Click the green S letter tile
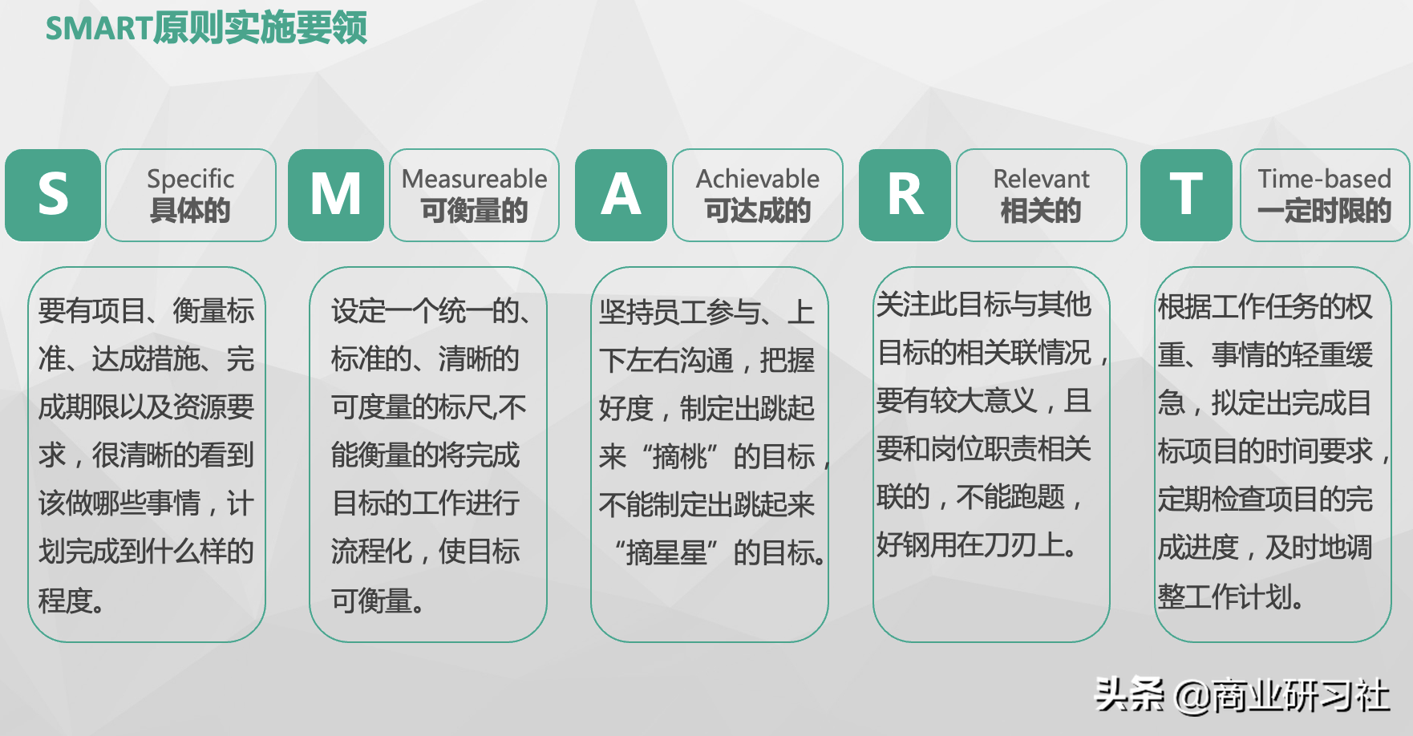(53, 195)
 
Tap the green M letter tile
(336, 195)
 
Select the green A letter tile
(621, 195)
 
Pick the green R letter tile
(905, 195)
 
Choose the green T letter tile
(1186, 195)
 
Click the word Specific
(191, 179)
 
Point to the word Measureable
(474, 179)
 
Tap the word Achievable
(757, 179)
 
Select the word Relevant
(1041, 179)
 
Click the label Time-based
(1324, 179)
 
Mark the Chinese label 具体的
(191, 212)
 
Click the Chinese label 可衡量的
(474, 212)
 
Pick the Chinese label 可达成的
(757, 212)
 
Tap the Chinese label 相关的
(1041, 212)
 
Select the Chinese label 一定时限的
(1324, 212)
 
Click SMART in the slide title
(99, 29)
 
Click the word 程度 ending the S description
(65, 601)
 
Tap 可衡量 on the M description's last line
(371, 601)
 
